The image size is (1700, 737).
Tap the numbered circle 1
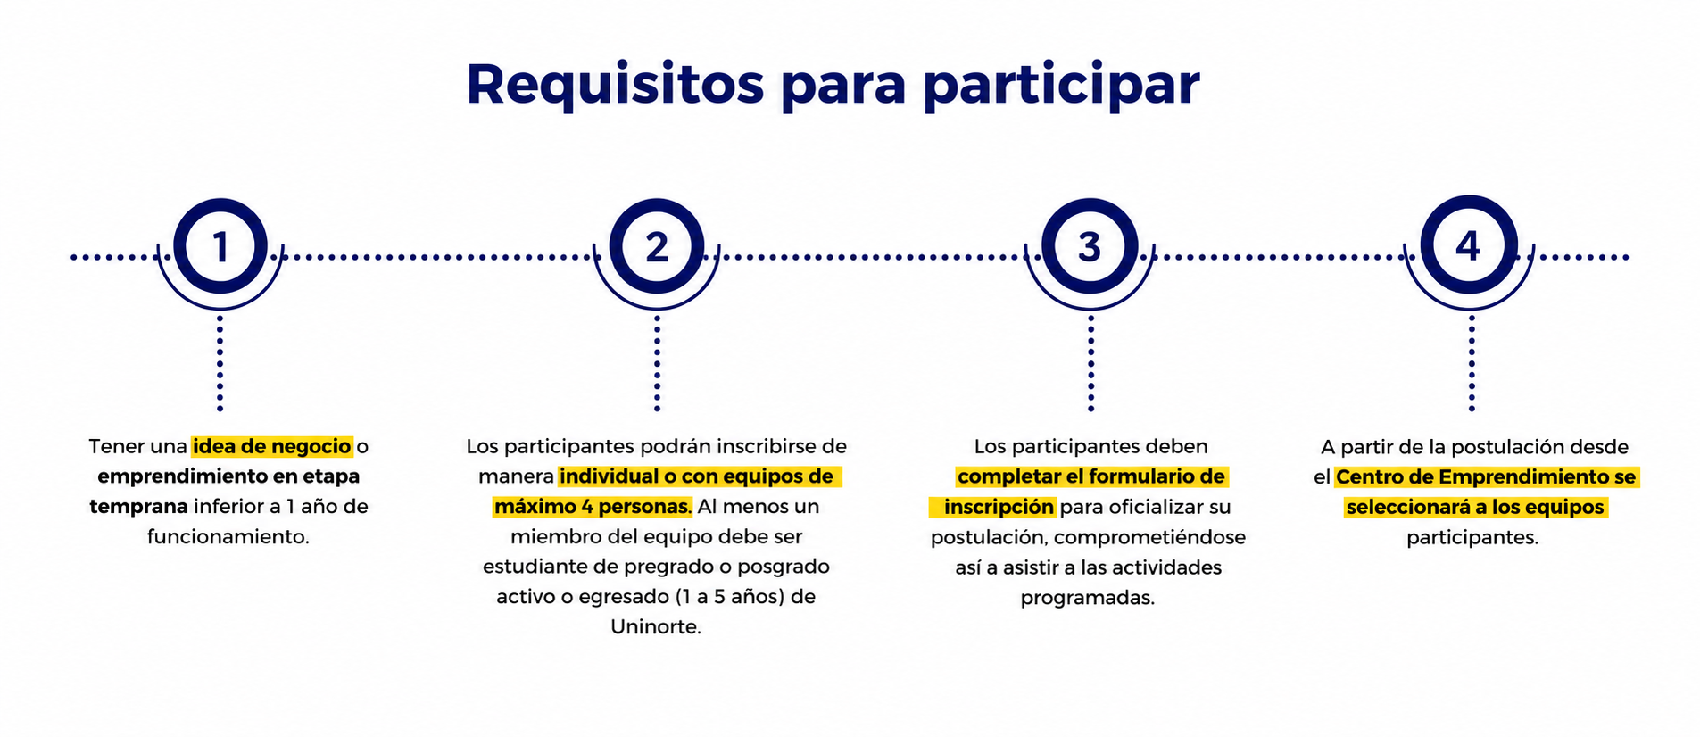click(220, 246)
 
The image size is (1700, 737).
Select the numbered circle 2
click(657, 246)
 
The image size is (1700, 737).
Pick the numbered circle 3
click(1090, 246)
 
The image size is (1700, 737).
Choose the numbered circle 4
click(1469, 244)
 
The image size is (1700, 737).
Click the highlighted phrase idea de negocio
click(272, 446)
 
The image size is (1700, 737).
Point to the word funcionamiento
click(228, 537)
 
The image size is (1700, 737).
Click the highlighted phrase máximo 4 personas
click(593, 507)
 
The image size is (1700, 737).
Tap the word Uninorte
click(656, 627)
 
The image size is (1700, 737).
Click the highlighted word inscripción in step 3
click(999, 508)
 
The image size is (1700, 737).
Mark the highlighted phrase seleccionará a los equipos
click(1476, 508)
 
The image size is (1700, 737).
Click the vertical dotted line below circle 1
click(220, 363)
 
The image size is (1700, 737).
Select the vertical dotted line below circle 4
click(1472, 363)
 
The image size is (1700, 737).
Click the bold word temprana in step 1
click(138, 507)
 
